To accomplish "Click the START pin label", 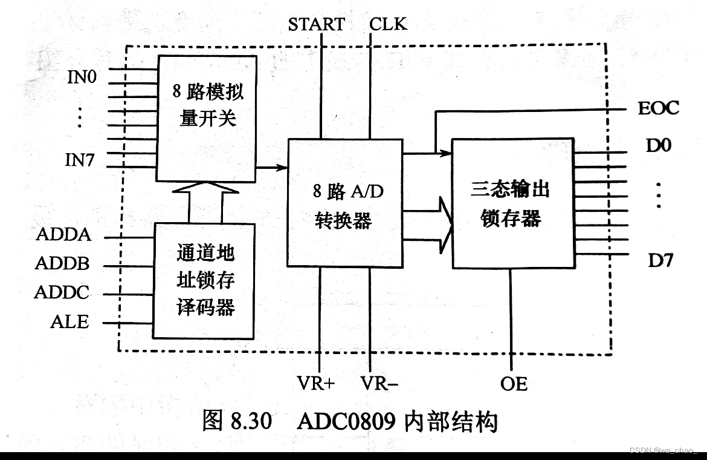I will coord(316,24).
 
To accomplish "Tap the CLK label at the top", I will coord(388,24).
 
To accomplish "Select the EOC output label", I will coord(658,108).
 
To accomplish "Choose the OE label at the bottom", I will coord(514,383).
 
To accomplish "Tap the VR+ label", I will coord(315,383).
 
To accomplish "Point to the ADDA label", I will coord(63,234).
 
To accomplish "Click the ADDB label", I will coord(62,264).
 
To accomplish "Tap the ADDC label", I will coord(62,293).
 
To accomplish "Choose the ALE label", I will coord(69,322).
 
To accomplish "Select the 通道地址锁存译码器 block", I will coord(204,280).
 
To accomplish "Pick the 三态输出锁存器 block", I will coord(512,203).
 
